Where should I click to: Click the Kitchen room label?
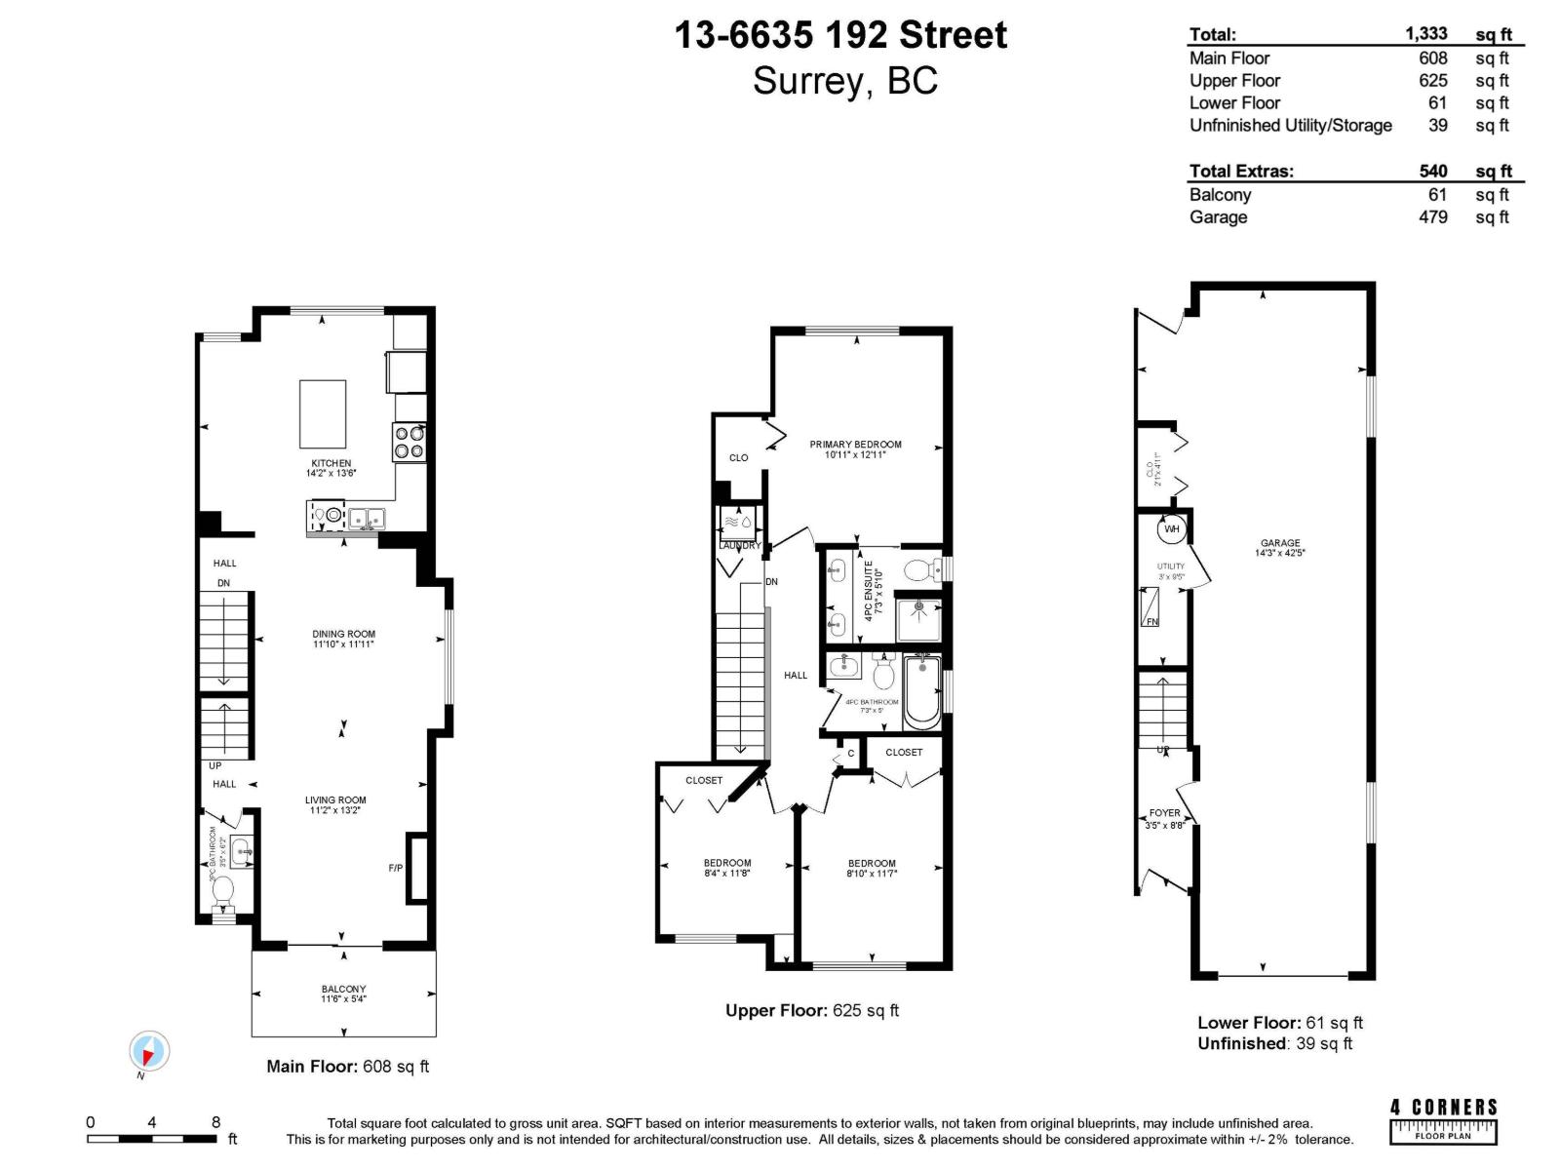tap(331, 463)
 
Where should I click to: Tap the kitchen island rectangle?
tap(323, 413)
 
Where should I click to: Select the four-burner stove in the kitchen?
tap(409, 442)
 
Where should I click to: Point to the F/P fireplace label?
tap(396, 868)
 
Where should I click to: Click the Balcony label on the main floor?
tap(343, 989)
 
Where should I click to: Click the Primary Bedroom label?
tap(855, 445)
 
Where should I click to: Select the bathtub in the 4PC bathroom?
tap(921, 692)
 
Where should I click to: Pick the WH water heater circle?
tap(1172, 529)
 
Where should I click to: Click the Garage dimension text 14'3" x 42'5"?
tap(1279, 553)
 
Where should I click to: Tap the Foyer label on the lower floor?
tap(1164, 813)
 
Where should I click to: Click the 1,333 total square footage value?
tap(1425, 34)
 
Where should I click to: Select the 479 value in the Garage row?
tap(1432, 216)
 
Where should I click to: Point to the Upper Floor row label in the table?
tap(1234, 81)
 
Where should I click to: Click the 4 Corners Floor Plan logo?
tap(1443, 1121)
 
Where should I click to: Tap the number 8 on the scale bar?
tap(215, 1122)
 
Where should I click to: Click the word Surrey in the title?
tap(807, 81)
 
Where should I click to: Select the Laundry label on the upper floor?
tap(739, 545)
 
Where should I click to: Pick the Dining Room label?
tap(343, 634)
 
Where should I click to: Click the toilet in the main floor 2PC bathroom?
tap(223, 890)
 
